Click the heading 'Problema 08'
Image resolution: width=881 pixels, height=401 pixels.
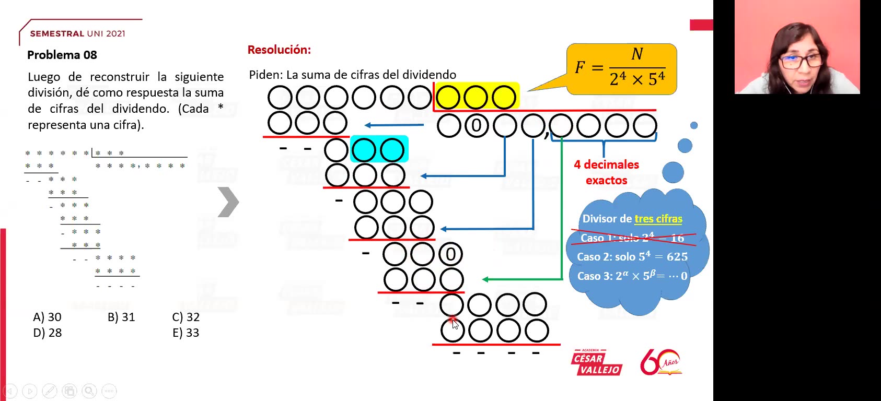(x=62, y=55)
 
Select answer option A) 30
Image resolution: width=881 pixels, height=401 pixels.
(x=47, y=317)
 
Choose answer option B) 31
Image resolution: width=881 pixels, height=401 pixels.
(x=121, y=317)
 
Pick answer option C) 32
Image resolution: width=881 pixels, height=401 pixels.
(x=186, y=317)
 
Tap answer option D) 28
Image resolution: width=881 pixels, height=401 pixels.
(x=47, y=333)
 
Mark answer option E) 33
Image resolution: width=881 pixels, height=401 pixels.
(x=186, y=333)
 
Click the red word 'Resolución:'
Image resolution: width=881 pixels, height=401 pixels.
(x=279, y=50)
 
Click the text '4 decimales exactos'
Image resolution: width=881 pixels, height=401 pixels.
(x=606, y=172)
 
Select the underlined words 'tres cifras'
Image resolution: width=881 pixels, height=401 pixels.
(x=658, y=219)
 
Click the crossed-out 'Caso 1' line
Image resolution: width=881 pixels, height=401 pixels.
(x=632, y=238)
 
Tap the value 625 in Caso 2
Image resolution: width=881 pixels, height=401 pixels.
(x=677, y=257)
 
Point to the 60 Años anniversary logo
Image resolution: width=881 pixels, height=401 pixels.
(x=660, y=362)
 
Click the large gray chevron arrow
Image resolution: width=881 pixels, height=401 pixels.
(x=228, y=202)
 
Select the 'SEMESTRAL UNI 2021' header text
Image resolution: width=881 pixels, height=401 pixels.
(x=77, y=33)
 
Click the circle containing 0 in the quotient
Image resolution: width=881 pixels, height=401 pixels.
(x=476, y=126)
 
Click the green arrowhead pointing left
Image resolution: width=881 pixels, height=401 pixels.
(x=485, y=279)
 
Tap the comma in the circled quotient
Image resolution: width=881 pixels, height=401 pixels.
(x=547, y=136)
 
